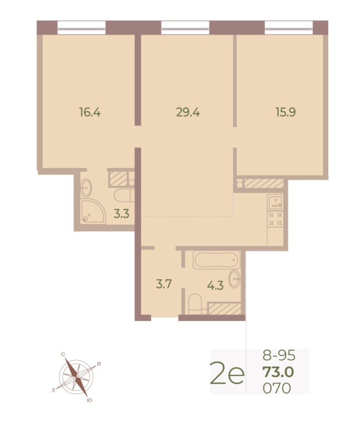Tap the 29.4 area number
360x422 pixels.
[x=188, y=112]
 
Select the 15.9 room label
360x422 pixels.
[x=285, y=112]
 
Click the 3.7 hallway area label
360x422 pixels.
[x=164, y=284]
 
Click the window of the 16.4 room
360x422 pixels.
[x=82, y=27]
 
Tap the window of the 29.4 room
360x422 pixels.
[x=185, y=27]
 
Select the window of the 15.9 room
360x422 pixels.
[x=289, y=27]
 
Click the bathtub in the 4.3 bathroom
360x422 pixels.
[x=217, y=260]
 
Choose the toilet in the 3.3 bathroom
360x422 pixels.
[x=123, y=196]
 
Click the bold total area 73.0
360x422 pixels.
[x=278, y=372]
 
